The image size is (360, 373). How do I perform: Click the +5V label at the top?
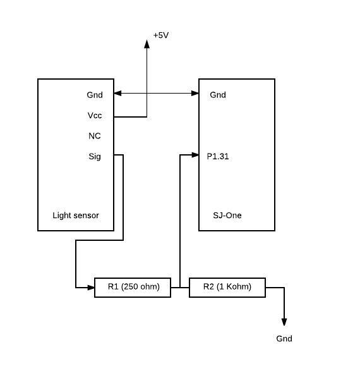click(161, 35)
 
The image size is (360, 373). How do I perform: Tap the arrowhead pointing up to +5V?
click(147, 44)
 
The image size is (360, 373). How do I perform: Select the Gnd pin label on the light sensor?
click(95, 95)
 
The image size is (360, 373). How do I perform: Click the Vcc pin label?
click(95, 115)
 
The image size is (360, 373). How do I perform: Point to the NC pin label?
click(95, 136)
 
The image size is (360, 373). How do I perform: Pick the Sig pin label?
click(95, 157)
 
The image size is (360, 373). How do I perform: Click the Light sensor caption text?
click(76, 216)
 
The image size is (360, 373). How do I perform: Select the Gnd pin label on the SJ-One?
click(218, 95)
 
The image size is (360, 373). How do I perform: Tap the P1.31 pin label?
click(218, 156)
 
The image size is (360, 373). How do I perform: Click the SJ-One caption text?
click(227, 216)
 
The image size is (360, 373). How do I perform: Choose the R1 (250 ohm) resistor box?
click(133, 288)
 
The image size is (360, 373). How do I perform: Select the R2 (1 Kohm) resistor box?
click(227, 288)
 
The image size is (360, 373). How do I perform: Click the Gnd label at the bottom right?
click(284, 338)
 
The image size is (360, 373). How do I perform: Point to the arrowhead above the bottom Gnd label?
click(284, 322)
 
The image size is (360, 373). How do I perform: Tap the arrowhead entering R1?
click(90, 288)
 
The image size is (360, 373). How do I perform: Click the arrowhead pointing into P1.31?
click(195, 155)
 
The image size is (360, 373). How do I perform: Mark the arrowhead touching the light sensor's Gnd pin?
click(117, 94)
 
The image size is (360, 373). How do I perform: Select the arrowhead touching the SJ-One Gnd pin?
click(195, 94)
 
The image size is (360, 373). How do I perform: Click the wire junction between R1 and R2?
click(180, 288)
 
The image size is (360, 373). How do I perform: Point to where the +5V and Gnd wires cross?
click(147, 94)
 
